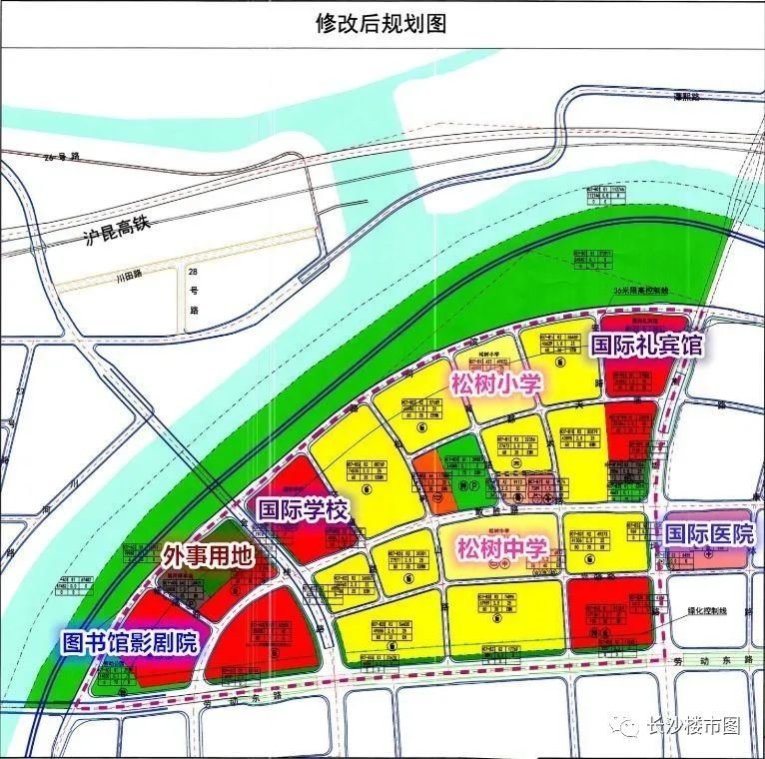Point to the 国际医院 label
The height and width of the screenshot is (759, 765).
coord(710,534)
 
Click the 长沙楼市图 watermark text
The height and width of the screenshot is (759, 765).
coord(694,726)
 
